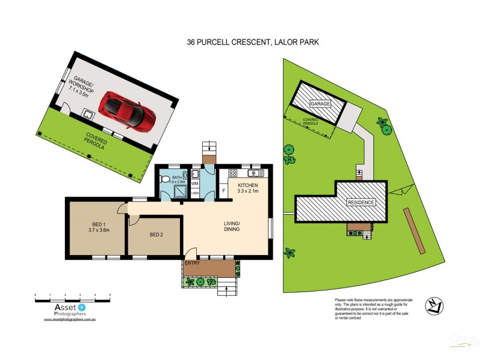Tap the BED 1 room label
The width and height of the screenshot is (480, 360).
coord(98,226)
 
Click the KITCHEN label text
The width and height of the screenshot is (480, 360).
coord(248,185)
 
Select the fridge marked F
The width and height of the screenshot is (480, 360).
coord(223,191)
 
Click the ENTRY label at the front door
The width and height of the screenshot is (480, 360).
coord(193,263)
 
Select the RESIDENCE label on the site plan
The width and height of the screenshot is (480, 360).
coord(361,202)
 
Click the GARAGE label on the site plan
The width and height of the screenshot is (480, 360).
coord(320,104)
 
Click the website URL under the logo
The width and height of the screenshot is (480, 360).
coord(70,319)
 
